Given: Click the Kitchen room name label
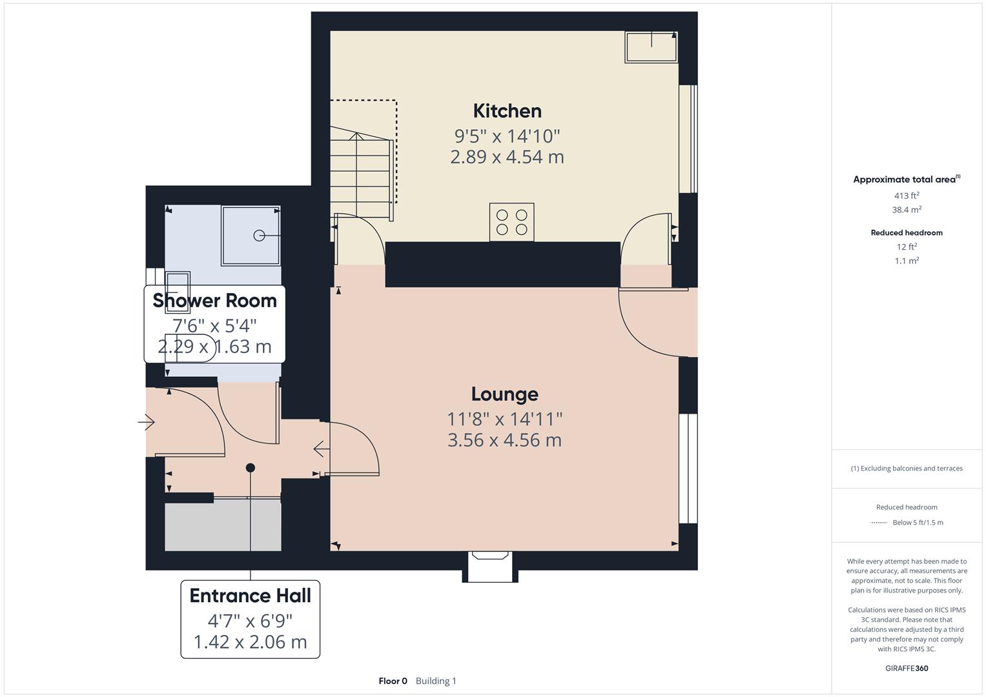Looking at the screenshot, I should (x=507, y=111).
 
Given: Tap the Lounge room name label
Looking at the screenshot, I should (x=504, y=394).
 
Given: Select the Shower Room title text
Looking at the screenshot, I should (x=214, y=300).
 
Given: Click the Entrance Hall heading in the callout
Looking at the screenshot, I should (x=250, y=595).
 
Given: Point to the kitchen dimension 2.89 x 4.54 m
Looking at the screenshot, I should (x=507, y=157).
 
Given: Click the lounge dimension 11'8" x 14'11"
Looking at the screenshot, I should (x=504, y=419).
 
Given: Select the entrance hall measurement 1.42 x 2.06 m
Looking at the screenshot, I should (x=250, y=641).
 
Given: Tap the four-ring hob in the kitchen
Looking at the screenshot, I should (x=511, y=222).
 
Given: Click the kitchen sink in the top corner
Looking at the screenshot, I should (x=651, y=46).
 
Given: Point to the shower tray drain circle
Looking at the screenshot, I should (x=259, y=236).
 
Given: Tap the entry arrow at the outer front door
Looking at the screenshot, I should (x=147, y=423).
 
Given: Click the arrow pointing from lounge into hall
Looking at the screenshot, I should (x=319, y=449).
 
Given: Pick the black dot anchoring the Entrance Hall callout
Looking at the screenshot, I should (x=251, y=468).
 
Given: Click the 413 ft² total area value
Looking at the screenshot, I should (x=907, y=196).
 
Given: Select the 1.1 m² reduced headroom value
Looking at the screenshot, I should (x=907, y=261).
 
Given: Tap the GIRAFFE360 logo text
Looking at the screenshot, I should (x=907, y=668).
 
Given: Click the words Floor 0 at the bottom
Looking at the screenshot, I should (x=393, y=681).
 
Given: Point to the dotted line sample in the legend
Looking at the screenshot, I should (x=878, y=523).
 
